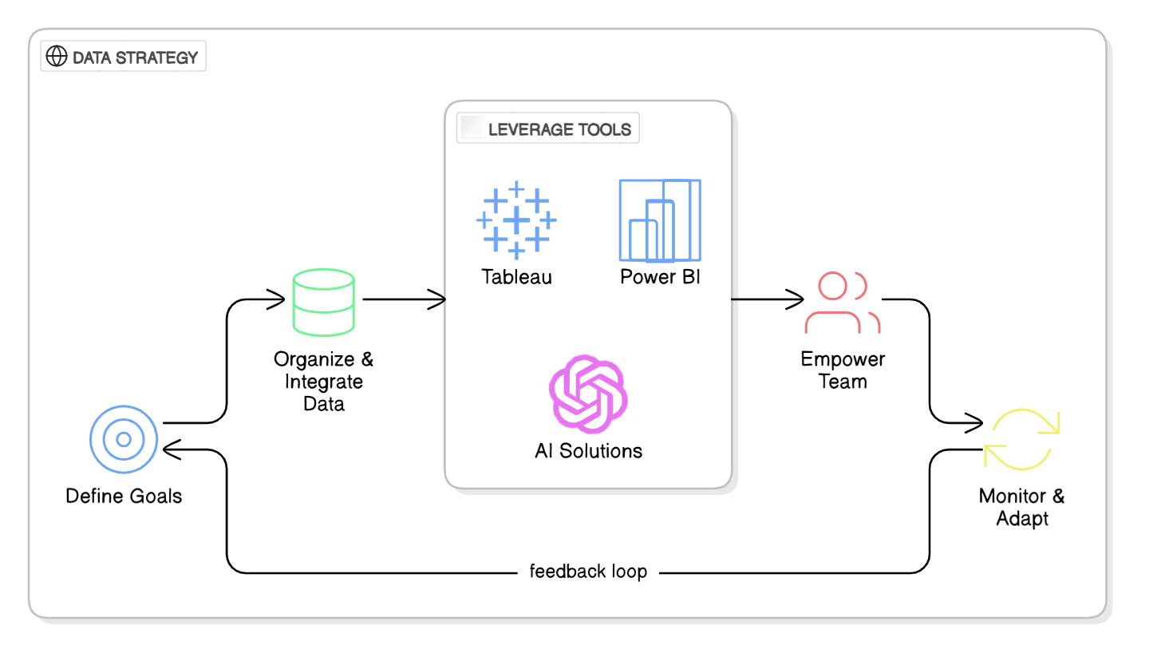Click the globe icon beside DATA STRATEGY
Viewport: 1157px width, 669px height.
coord(57,57)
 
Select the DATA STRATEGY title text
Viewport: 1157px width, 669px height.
coord(135,57)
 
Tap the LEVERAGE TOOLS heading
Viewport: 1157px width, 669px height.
coord(559,129)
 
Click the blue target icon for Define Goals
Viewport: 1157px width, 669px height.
coord(124,439)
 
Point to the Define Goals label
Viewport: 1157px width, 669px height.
coord(124,496)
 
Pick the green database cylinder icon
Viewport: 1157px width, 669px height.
coord(324,301)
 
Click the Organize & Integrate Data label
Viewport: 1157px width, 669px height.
coord(324,381)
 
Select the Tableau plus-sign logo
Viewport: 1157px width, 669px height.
coord(516,220)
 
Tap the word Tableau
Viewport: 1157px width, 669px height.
coord(516,277)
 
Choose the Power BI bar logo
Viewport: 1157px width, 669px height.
coord(660,220)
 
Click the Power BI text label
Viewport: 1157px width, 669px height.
coord(660,277)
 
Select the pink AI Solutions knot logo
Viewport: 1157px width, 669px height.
coord(588,392)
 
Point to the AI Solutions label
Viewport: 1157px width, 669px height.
coord(588,450)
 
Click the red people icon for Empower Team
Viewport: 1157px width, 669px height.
coord(843,303)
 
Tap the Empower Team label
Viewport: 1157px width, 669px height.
coord(843,370)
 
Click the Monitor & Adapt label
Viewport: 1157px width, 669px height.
coord(1022,507)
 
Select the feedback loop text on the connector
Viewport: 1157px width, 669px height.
coord(588,572)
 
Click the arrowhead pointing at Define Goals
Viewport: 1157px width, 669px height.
coord(169,451)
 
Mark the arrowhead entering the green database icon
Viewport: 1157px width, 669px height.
coord(278,300)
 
